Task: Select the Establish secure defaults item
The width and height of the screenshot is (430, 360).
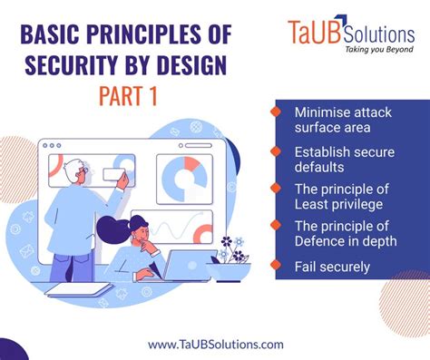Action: [x=336, y=159]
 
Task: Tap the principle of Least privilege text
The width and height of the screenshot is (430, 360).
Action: [x=338, y=197]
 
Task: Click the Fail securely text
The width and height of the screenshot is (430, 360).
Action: [x=331, y=267]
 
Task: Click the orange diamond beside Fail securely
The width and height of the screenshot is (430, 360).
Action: [x=275, y=267]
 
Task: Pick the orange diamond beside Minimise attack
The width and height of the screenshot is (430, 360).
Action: [x=275, y=112]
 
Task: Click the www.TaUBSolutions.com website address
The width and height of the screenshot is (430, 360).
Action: [x=215, y=344]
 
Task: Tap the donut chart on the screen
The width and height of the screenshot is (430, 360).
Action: [x=184, y=179]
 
